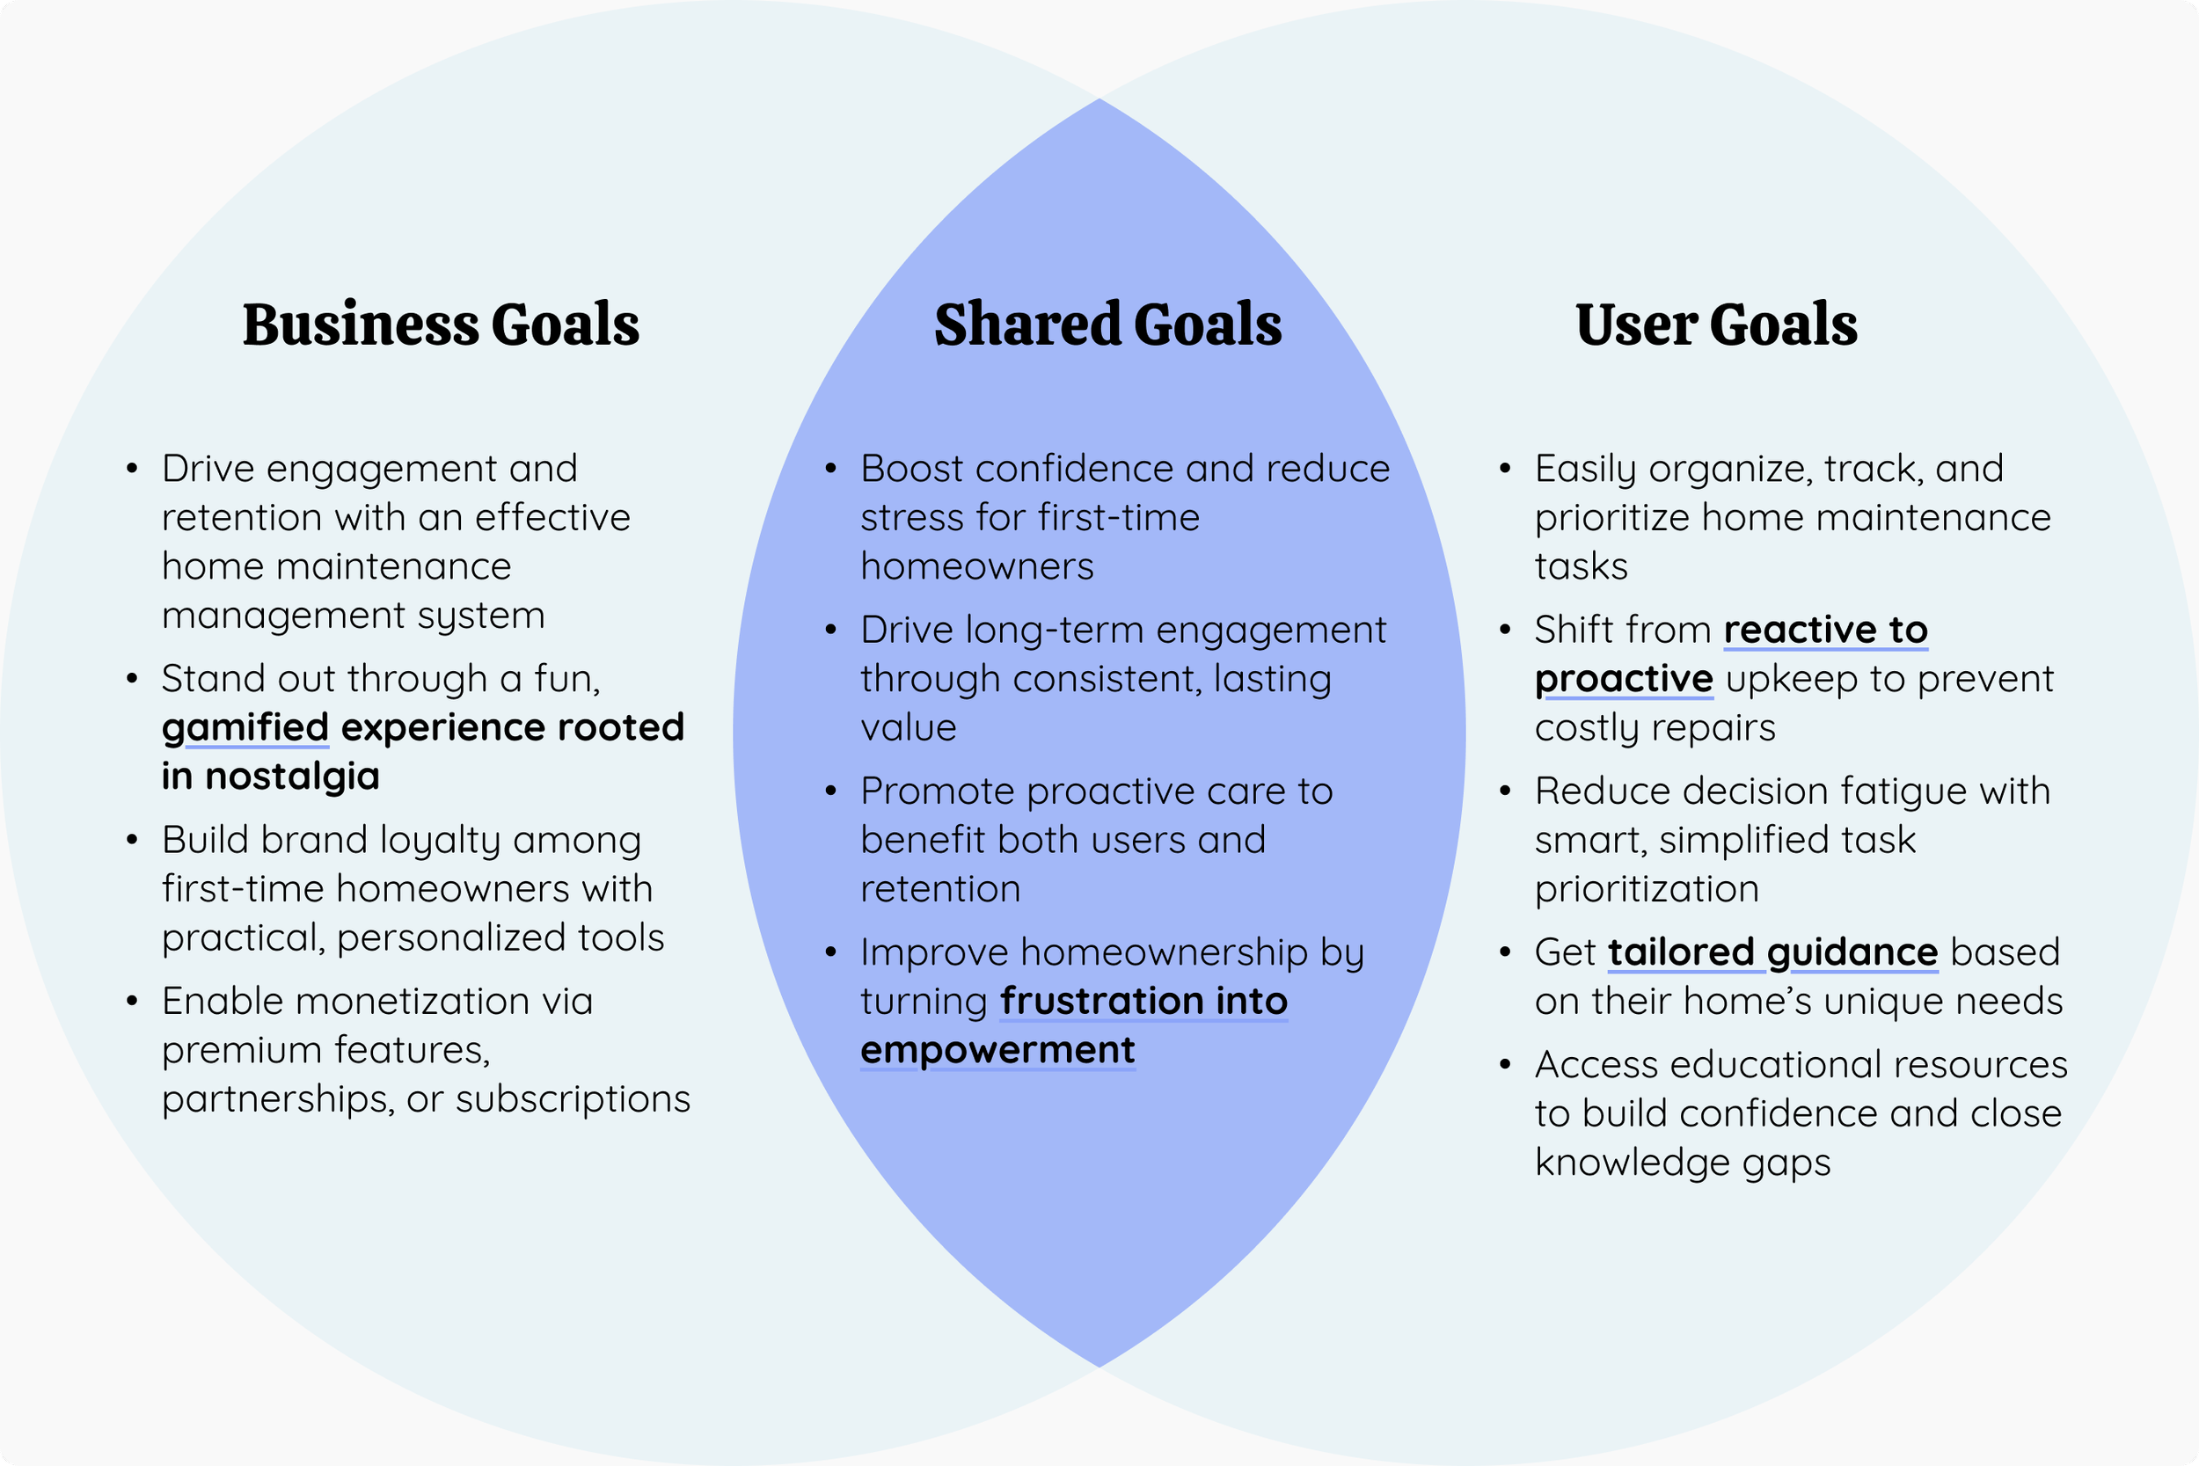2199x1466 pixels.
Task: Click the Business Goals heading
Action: click(441, 325)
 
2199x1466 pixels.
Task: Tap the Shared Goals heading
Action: click(1108, 325)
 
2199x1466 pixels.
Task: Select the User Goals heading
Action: click(1717, 325)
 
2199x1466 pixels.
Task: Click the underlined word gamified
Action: click(245, 727)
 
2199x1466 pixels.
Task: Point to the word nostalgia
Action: click(292, 776)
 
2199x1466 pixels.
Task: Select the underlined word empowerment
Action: click(997, 1050)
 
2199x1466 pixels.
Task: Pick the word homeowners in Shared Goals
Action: click(977, 566)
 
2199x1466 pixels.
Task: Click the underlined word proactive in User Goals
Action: click(1624, 679)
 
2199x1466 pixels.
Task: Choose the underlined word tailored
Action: click(1680, 952)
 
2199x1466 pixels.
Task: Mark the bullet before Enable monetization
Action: click(132, 1003)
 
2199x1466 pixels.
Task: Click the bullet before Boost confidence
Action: click(830, 469)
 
